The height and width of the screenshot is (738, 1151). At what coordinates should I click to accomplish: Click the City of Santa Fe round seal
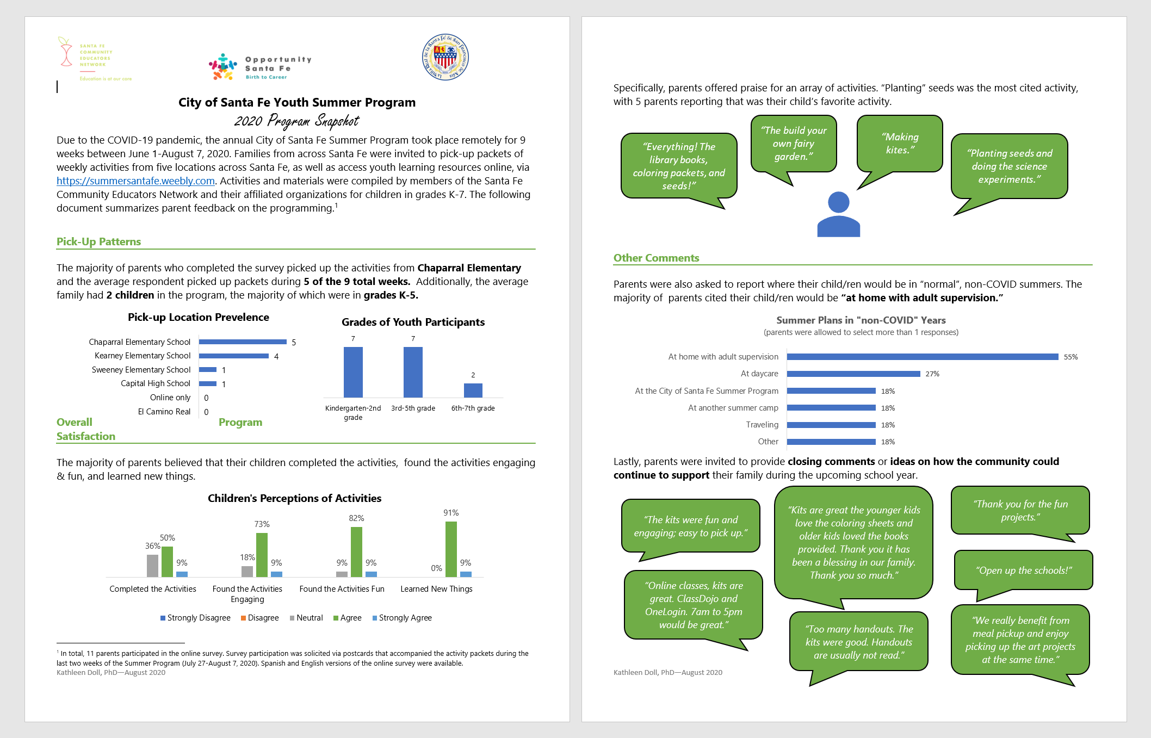tap(445, 57)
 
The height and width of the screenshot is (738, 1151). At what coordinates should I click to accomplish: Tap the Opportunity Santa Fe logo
tap(260, 67)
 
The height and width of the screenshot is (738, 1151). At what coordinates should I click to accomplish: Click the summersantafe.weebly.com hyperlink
tap(135, 181)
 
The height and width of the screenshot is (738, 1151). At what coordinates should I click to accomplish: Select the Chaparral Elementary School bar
tap(243, 342)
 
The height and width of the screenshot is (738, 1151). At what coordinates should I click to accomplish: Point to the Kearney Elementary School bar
tap(234, 356)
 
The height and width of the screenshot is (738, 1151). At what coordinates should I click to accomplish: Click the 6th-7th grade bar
tap(473, 390)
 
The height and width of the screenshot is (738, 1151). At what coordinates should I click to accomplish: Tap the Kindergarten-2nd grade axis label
tap(353, 412)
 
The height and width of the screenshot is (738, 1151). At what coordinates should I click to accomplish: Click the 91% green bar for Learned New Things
tap(451, 549)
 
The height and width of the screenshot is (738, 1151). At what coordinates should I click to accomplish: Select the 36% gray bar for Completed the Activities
tap(152, 566)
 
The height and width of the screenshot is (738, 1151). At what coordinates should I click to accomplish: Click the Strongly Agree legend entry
tap(402, 618)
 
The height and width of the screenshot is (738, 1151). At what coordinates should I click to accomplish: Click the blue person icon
tap(838, 214)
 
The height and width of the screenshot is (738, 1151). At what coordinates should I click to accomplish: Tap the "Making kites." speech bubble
tap(899, 144)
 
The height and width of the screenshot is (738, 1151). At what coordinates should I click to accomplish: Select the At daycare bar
tap(853, 374)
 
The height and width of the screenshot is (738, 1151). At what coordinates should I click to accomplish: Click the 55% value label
tap(1070, 357)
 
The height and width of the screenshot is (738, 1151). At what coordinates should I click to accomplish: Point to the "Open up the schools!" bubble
tap(1023, 570)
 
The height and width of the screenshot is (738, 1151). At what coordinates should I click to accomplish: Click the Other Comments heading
tap(656, 258)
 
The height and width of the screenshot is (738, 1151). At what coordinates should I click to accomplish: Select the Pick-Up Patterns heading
tap(98, 241)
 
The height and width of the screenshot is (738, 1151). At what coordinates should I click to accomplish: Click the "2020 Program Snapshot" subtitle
tap(296, 121)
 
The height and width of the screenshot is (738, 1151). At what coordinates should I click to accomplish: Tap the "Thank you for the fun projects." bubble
tap(1020, 510)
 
